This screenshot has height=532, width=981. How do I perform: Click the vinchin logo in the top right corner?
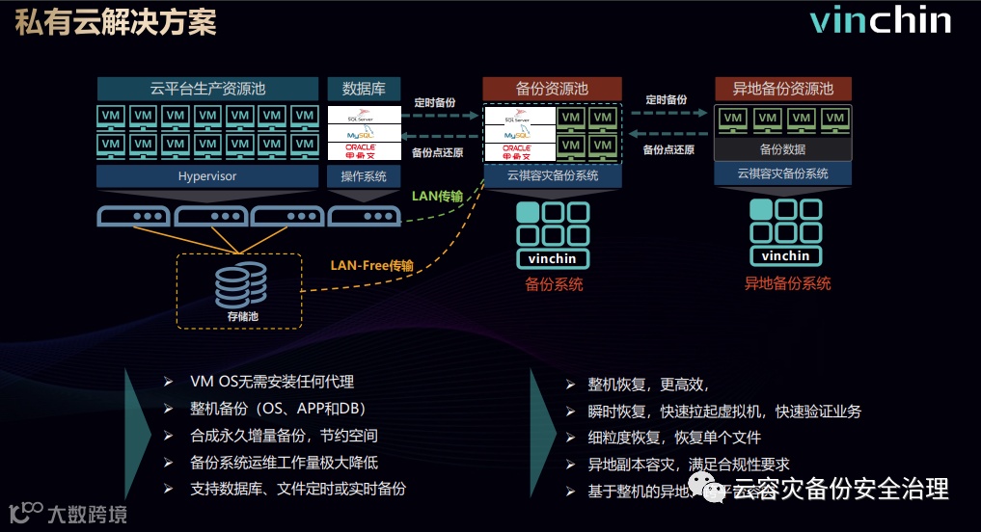(880, 22)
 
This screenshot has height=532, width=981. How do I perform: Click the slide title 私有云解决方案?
(116, 23)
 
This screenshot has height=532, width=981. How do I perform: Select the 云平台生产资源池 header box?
(207, 89)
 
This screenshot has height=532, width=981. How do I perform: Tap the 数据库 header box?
(364, 89)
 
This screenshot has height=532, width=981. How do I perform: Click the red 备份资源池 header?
(552, 89)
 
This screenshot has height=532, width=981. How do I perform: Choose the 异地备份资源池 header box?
(782, 89)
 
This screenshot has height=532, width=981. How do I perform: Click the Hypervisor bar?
(207, 176)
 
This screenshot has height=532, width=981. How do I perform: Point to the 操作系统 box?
(364, 176)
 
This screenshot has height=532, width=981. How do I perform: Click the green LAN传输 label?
(437, 197)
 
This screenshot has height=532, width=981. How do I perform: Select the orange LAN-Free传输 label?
(371, 265)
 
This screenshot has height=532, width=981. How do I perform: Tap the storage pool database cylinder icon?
(236, 281)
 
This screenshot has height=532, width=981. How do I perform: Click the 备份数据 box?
(782, 149)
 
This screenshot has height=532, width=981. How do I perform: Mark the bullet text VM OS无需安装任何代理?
(272, 382)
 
